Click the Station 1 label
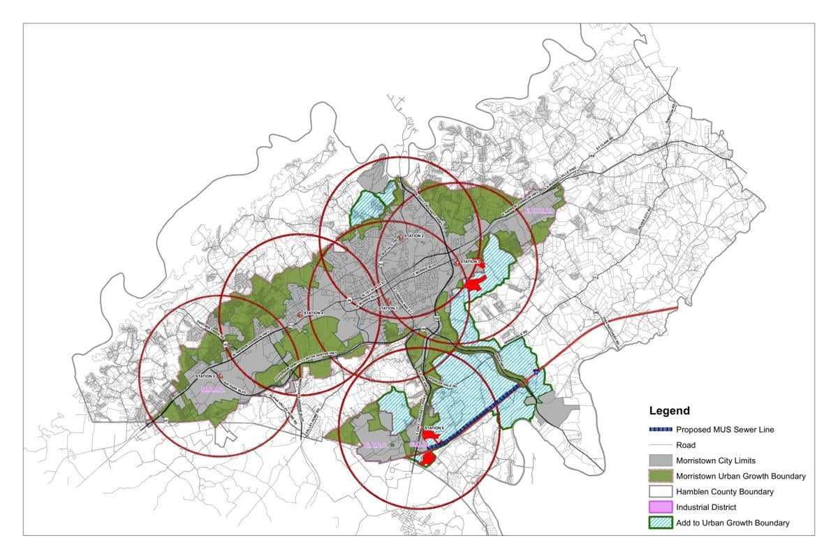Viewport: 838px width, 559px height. [388, 308]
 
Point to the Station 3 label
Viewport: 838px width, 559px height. [470, 261]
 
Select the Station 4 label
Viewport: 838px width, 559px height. [314, 312]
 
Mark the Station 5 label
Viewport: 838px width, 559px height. [205, 377]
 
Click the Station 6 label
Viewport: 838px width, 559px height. [434, 428]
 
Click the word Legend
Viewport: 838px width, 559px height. [669, 411]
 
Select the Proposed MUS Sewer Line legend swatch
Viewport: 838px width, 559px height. [661, 429]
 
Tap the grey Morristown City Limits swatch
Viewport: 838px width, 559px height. [661, 460]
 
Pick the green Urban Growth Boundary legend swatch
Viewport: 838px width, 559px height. [661, 476]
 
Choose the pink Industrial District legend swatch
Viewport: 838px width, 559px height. [661, 507]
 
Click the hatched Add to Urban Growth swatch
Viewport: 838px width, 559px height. [661, 523]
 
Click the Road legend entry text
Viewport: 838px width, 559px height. [685, 445]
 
